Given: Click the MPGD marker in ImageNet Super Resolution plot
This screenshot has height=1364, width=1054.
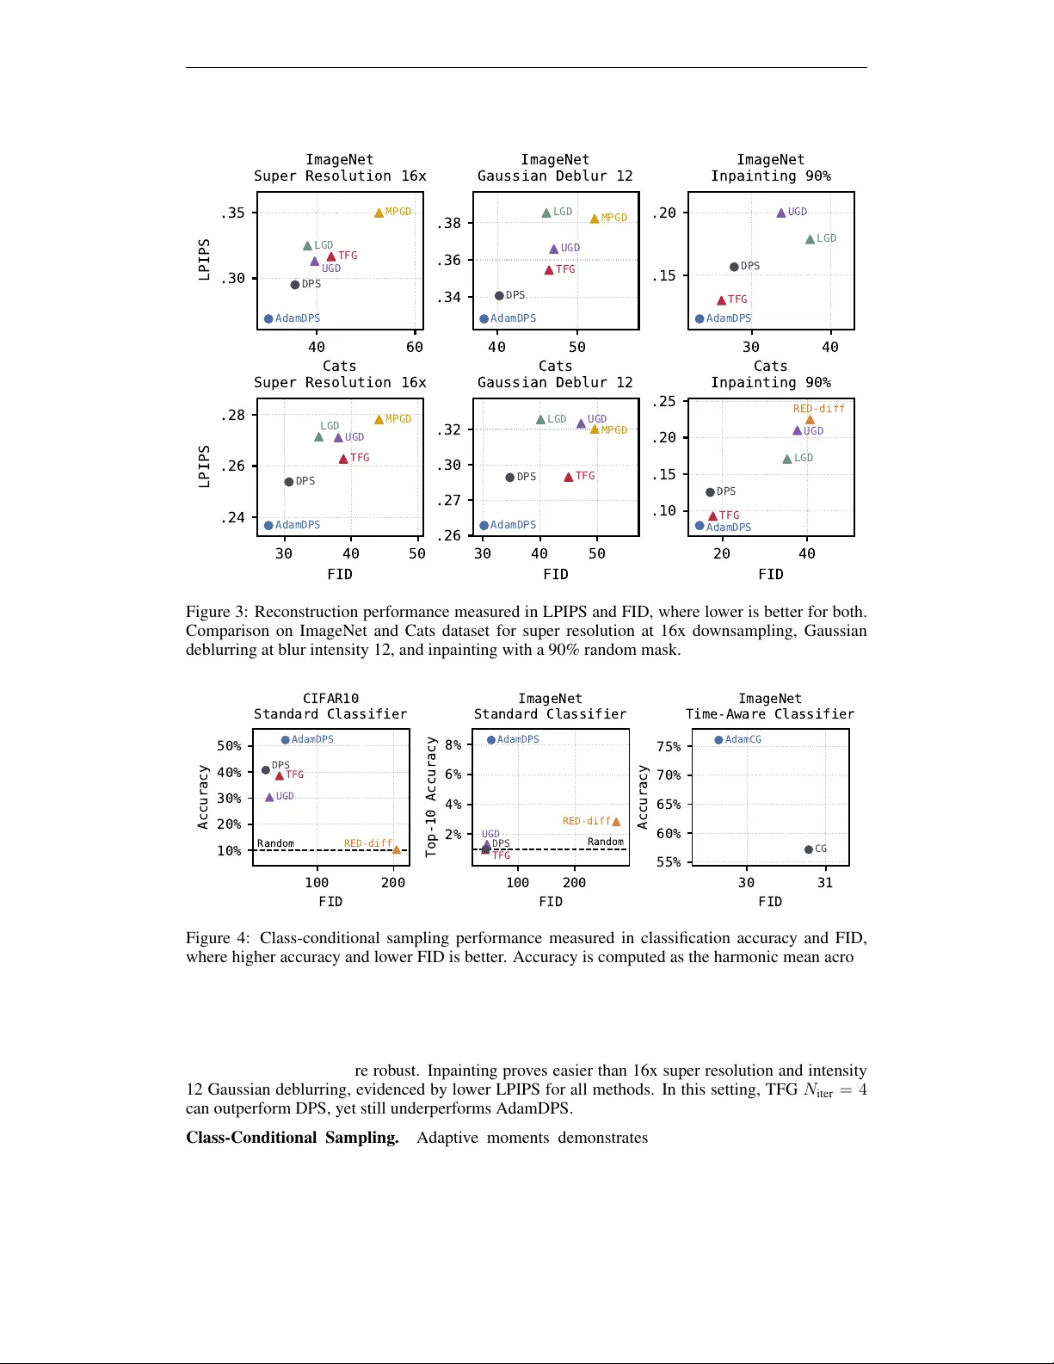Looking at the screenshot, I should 379,213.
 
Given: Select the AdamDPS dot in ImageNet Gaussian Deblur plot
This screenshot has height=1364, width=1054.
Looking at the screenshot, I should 484,318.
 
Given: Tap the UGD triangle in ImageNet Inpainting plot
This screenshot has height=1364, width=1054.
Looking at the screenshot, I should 781,213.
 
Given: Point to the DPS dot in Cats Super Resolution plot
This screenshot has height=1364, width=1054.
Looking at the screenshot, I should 289,482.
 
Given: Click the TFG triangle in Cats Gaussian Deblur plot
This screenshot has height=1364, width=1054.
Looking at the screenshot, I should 569,477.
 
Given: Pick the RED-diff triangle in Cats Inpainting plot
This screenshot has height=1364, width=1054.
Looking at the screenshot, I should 810,420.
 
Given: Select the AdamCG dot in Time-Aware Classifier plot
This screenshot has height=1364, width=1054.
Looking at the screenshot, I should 718,740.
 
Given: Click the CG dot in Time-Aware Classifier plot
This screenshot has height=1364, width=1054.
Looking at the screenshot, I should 809,849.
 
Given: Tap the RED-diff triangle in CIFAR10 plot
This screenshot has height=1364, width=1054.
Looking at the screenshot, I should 397,849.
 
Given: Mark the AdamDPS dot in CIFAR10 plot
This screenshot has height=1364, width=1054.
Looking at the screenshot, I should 286,740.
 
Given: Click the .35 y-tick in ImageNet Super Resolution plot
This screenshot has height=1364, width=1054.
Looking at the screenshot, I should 233,213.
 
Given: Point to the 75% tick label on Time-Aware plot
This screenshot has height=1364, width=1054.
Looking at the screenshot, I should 669,746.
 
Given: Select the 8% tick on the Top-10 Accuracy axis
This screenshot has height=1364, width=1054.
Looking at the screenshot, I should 453,744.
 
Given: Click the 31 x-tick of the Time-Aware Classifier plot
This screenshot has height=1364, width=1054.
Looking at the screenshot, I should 825,882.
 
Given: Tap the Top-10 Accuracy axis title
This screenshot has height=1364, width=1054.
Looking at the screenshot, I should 432,796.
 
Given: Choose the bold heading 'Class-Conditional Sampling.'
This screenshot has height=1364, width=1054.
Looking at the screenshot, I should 293,1138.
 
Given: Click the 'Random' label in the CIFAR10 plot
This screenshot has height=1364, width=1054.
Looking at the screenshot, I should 275,843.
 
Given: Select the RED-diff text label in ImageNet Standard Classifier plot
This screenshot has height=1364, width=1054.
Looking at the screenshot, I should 586,821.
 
